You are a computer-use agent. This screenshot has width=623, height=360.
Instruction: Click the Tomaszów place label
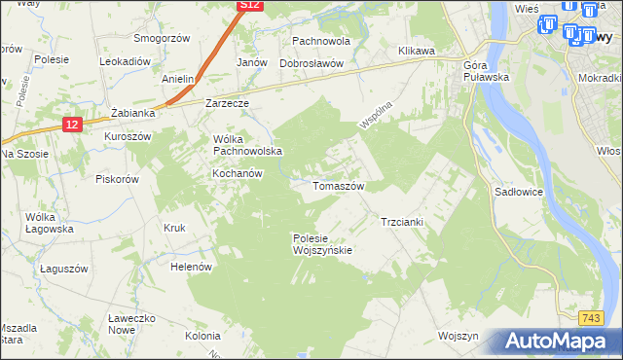coord(338,185)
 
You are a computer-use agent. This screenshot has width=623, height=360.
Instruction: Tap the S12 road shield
coord(250,6)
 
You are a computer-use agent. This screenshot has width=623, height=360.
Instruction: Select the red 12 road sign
coord(73,124)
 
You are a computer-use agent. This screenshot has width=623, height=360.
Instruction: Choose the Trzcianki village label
coord(401,222)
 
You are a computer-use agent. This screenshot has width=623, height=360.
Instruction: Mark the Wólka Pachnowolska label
coord(247,145)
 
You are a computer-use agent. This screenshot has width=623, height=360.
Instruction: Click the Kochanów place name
coord(238,173)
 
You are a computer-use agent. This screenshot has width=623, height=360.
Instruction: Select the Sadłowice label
coord(521,193)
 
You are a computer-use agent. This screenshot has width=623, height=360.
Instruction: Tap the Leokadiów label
coord(125,60)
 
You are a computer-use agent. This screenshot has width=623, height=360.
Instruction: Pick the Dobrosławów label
coord(312,63)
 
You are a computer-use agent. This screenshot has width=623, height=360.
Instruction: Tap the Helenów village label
coord(191,266)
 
